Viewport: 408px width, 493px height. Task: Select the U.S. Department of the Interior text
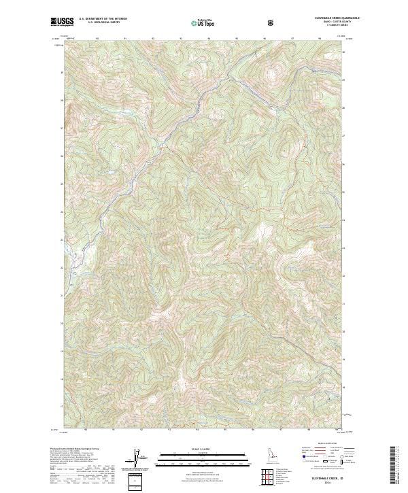point(102,19)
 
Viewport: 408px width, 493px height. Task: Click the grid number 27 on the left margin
point(61,128)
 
